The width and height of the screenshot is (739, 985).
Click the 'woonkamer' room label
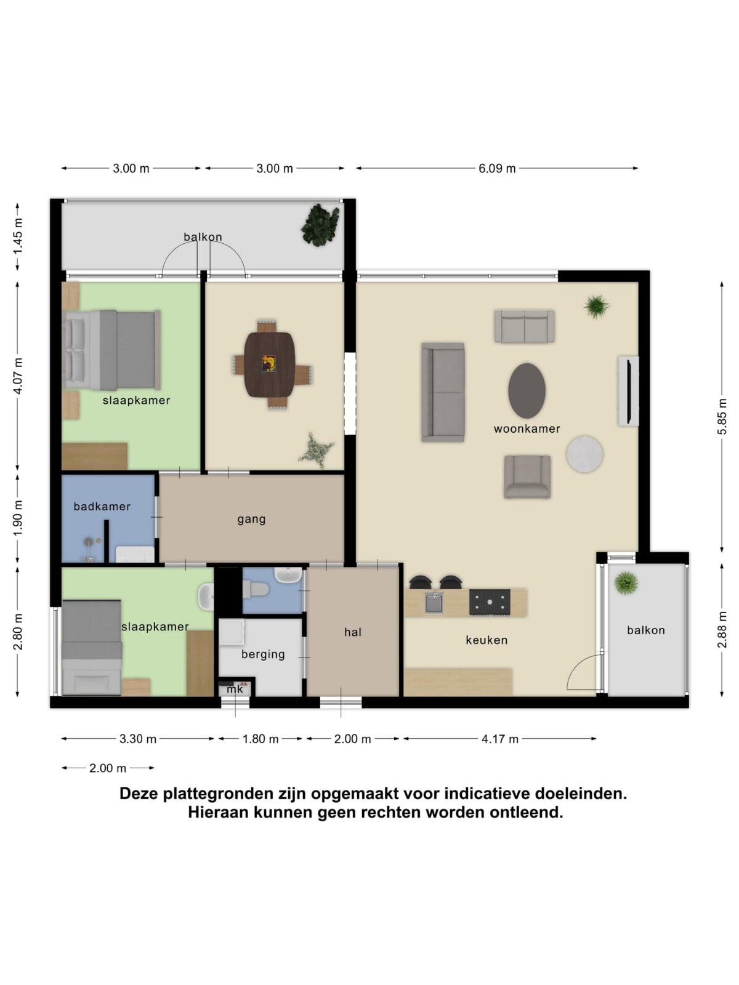pos(527,428)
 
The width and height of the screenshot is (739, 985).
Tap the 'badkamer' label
pos(102,506)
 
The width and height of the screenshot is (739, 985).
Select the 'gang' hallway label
pos(251,519)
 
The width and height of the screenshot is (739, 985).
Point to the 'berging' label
pos(263,654)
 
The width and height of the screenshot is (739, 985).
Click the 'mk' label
pos(235,689)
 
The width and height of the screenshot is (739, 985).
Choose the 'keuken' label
pos(487,640)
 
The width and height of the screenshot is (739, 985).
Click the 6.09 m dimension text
pos(497,169)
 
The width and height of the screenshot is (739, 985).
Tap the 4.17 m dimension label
pos(500,739)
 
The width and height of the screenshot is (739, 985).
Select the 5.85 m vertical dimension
pos(722,416)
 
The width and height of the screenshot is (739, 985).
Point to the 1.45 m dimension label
pos(17,236)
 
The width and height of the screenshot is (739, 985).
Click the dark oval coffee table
pos(527,390)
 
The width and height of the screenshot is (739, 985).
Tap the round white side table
pos(584,453)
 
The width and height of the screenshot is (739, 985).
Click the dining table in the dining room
pos(270,364)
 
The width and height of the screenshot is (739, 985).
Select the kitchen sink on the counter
pos(434,603)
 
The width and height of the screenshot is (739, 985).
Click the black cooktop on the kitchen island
pos(490,602)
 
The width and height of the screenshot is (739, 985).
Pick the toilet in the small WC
pos(255,589)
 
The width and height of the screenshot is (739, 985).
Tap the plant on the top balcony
pos(320,225)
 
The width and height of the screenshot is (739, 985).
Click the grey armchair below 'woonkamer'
pos(527,476)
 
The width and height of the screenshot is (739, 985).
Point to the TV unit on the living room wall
pos(629,391)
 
